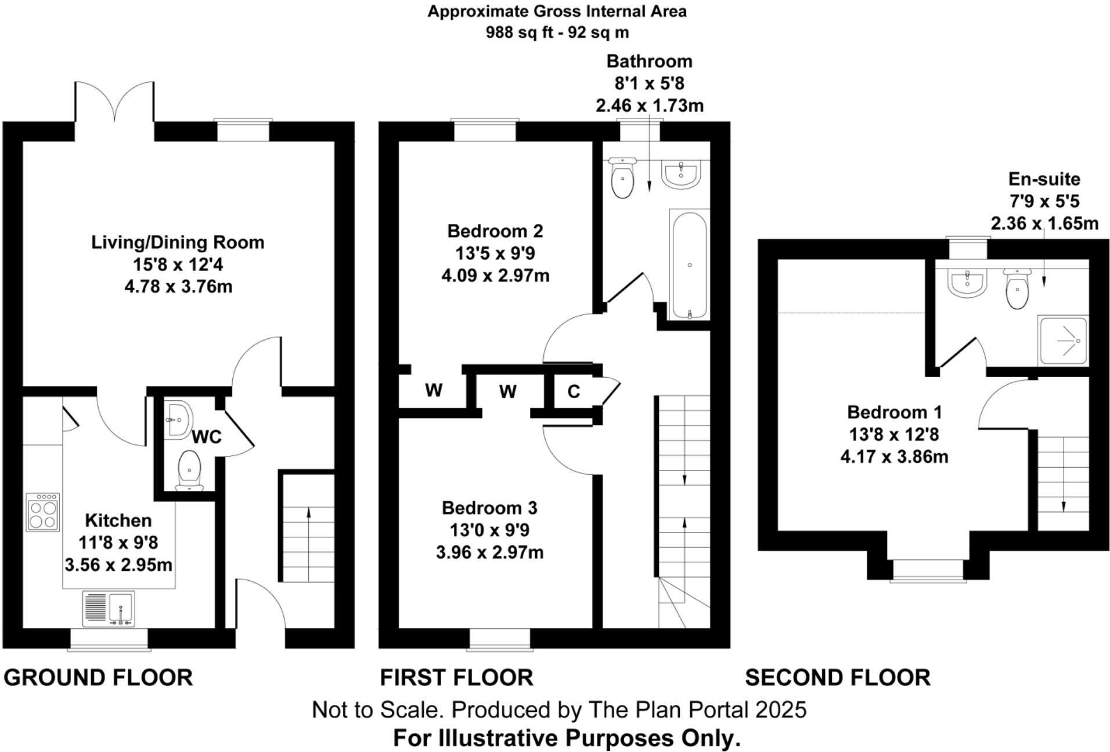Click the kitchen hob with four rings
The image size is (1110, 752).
click(x=43, y=512)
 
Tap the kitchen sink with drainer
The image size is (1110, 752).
click(x=109, y=609)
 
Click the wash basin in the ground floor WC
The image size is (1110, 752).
click(x=178, y=418)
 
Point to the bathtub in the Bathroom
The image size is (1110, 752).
click(x=689, y=264)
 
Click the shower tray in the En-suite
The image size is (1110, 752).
click(x=1062, y=341)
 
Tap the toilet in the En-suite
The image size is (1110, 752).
click(x=1017, y=288)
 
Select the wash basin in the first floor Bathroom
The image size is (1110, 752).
click(x=682, y=173)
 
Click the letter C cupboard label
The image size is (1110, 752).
click(x=574, y=392)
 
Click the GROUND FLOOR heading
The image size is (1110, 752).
click(x=98, y=677)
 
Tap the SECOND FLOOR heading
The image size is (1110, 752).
click(x=838, y=677)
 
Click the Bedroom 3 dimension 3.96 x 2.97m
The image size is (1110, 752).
click(x=490, y=552)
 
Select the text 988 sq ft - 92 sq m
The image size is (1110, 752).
click(x=557, y=32)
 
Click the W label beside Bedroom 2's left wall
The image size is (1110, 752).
click(x=434, y=390)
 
